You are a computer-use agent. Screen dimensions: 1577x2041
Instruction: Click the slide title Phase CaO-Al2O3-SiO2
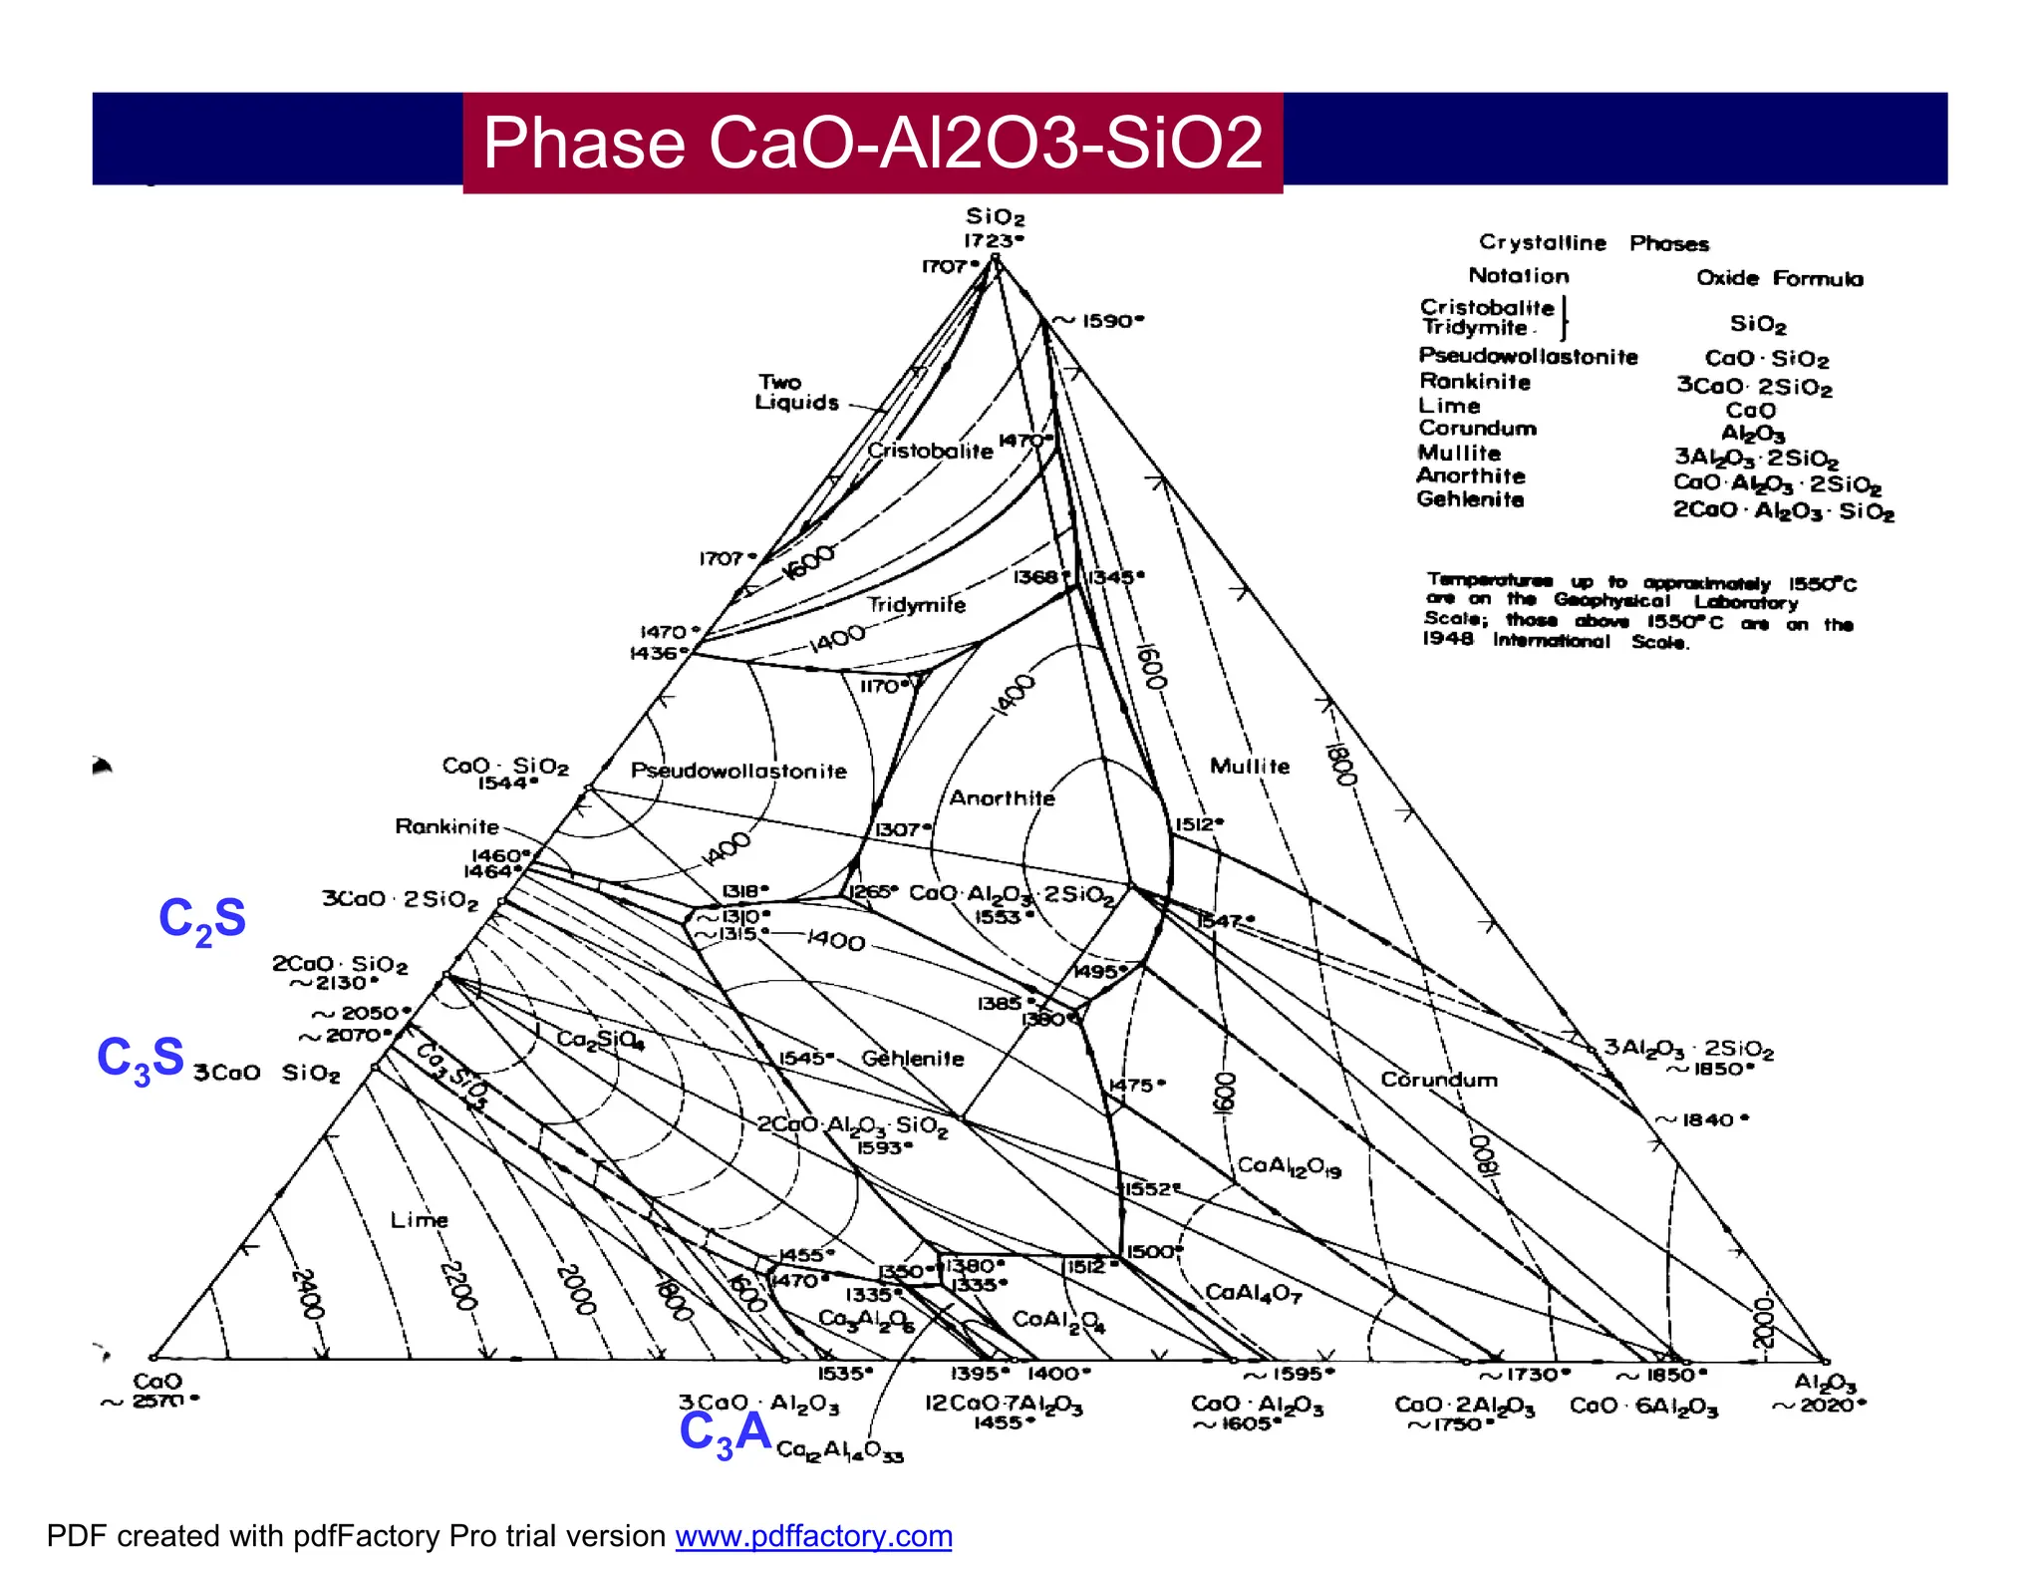pyautogui.click(x=872, y=143)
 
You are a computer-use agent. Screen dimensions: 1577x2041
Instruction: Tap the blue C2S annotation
pyautogui.click(x=202, y=919)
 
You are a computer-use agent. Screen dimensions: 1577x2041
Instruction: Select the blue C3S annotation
pyautogui.click(x=141, y=1059)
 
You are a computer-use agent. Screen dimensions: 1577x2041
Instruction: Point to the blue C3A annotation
pyautogui.click(x=725, y=1433)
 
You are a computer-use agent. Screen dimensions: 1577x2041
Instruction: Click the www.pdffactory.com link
pyautogui.click(x=813, y=1536)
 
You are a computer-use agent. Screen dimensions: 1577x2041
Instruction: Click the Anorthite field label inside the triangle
pyautogui.click(x=1002, y=797)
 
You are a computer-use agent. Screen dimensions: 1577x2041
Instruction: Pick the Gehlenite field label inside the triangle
pyautogui.click(x=913, y=1059)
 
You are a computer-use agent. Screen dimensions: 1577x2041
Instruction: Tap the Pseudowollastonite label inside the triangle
pyautogui.click(x=738, y=771)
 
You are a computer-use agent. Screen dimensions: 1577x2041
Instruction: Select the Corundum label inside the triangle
pyautogui.click(x=1439, y=1080)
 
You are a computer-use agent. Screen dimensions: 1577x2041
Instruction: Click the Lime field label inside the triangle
pyautogui.click(x=419, y=1220)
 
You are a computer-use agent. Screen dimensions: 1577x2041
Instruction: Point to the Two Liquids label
pyautogui.click(x=796, y=393)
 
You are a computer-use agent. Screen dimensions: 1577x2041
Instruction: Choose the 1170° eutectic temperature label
pyautogui.click(x=884, y=687)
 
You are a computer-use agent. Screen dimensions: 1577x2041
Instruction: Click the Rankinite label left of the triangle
pyautogui.click(x=446, y=826)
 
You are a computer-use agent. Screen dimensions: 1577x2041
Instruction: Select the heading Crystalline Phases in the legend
pyautogui.click(x=1593, y=243)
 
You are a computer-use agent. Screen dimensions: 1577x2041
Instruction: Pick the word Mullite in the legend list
pyautogui.click(x=1459, y=453)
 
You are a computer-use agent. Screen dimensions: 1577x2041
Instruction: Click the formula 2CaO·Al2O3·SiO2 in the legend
pyautogui.click(x=1783, y=511)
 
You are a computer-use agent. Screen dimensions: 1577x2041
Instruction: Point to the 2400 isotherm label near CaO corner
pyautogui.click(x=307, y=1293)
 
